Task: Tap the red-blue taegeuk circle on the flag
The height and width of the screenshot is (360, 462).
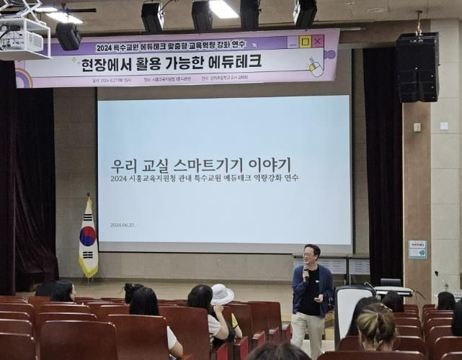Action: point(88,235)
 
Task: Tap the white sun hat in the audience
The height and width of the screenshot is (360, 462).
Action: point(221,294)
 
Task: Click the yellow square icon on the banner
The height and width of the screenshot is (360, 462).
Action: point(305,42)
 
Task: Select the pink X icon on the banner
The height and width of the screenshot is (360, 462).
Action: point(318,41)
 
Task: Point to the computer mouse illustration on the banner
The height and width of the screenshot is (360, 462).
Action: point(316,68)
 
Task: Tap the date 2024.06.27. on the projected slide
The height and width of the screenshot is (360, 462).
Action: point(123,225)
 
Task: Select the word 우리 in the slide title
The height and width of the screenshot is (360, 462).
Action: point(124,165)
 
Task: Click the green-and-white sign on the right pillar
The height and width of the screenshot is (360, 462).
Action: point(417,249)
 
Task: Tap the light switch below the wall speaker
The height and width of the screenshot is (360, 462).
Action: point(417,127)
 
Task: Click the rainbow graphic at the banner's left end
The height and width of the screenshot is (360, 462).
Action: point(23,78)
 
